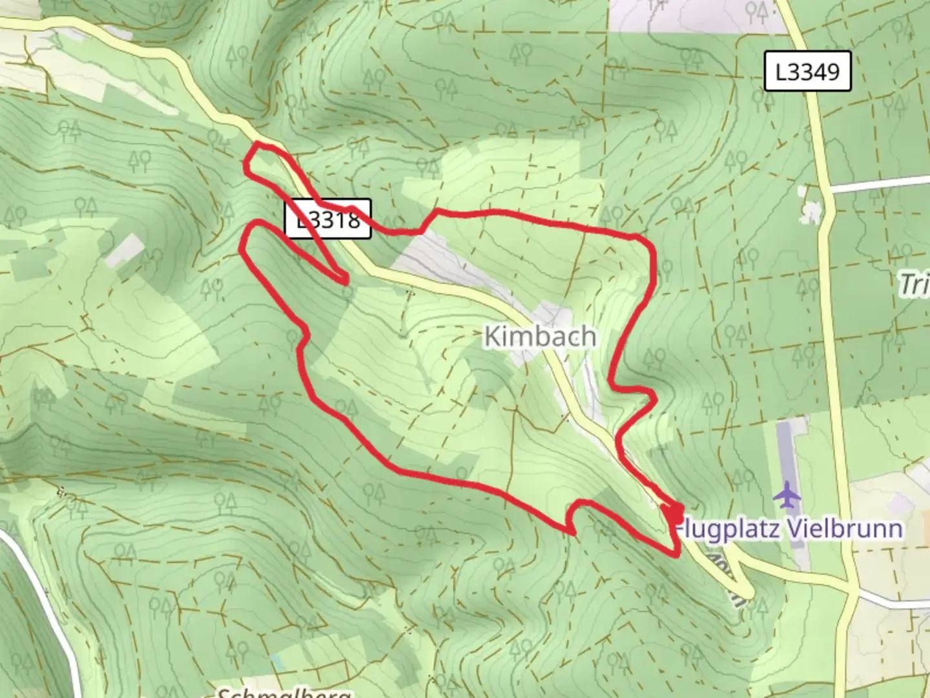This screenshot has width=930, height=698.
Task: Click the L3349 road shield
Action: (807, 71)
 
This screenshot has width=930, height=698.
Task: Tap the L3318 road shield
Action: (329, 219)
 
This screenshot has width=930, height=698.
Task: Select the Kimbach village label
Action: (540, 337)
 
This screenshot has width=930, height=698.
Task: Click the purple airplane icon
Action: (787, 495)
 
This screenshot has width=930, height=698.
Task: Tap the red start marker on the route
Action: (674, 514)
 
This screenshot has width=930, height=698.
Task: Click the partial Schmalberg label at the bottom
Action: (284, 692)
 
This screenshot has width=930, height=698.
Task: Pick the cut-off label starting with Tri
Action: (916, 284)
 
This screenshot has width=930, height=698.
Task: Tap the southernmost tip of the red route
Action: (676, 553)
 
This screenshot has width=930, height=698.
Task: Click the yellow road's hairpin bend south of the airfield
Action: (749, 591)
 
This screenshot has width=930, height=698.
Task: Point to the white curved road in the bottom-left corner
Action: (45, 595)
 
